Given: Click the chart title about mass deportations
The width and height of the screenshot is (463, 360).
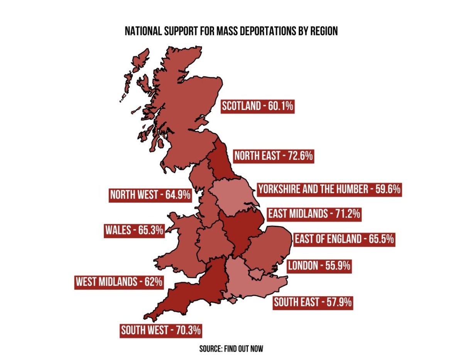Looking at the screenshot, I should click(x=231, y=31).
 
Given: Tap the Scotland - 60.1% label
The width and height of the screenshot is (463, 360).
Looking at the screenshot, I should click(x=258, y=106).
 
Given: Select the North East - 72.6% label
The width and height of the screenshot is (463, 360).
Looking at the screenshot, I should click(x=274, y=156).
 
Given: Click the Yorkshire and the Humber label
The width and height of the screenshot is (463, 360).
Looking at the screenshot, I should click(x=330, y=189).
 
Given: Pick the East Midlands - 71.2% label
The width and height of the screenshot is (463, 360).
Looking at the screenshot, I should click(x=314, y=213).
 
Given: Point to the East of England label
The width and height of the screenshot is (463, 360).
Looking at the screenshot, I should click(x=344, y=239).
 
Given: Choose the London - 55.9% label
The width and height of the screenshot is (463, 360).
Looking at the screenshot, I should click(x=319, y=265).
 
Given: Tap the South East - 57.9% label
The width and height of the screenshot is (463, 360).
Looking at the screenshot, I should click(x=313, y=302).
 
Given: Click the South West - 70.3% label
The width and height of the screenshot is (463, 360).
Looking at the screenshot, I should click(x=161, y=330).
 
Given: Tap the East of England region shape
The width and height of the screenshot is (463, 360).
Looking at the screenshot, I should click(x=270, y=247).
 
